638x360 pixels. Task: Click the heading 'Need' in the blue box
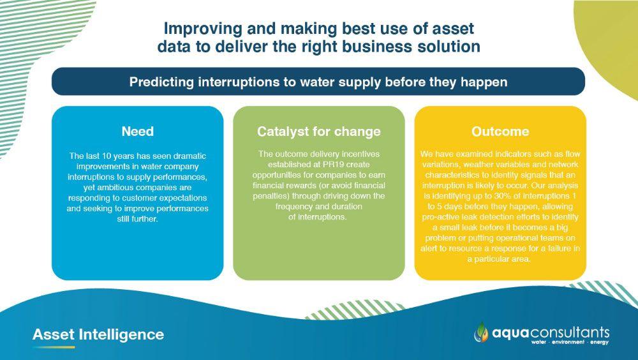click(138, 131)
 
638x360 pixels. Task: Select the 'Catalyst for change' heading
click(319, 131)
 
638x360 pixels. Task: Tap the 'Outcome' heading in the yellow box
click(500, 131)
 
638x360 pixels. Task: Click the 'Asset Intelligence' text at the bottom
click(98, 334)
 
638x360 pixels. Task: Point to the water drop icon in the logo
click(482, 332)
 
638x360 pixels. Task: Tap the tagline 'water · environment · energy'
click(570, 342)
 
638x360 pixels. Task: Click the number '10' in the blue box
click(110, 156)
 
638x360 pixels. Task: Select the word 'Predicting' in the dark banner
click(161, 82)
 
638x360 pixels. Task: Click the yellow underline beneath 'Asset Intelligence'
click(54, 347)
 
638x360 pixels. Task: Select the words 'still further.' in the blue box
click(138, 219)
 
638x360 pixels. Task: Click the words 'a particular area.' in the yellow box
click(500, 259)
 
